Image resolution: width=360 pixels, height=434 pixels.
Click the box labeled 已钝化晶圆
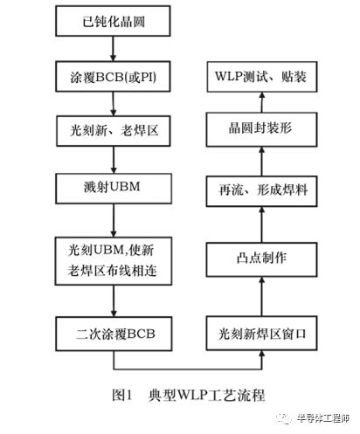(113, 21)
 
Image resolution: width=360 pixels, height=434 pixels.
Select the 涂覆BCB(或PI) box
(113, 77)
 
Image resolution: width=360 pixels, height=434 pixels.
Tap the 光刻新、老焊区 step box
(114, 131)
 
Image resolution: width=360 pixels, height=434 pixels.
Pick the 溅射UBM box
(114, 189)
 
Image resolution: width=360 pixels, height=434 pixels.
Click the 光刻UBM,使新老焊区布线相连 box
(114, 261)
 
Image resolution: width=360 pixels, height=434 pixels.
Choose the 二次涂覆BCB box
(114, 334)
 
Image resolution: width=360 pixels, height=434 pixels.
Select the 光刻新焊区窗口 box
(261, 333)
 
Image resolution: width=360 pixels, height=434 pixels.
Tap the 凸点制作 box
(261, 259)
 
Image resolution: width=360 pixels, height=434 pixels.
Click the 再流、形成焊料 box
(261, 191)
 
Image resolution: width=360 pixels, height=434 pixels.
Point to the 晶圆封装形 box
(261, 129)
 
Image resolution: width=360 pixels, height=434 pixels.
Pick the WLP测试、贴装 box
(262, 77)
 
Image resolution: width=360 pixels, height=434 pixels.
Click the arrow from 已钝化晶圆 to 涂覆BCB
(113, 49)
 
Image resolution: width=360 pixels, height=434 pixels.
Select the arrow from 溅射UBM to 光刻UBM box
(114, 220)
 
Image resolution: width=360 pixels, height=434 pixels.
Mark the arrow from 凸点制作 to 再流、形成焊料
(261, 224)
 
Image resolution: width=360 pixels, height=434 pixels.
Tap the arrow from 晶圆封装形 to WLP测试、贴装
(262, 102)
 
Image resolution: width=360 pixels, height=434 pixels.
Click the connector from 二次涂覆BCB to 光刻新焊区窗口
(188, 369)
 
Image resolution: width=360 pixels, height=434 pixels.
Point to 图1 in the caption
(122, 395)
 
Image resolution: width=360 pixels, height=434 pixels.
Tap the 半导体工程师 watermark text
(322, 418)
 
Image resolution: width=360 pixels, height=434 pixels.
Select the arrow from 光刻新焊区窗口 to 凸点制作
(261, 296)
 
